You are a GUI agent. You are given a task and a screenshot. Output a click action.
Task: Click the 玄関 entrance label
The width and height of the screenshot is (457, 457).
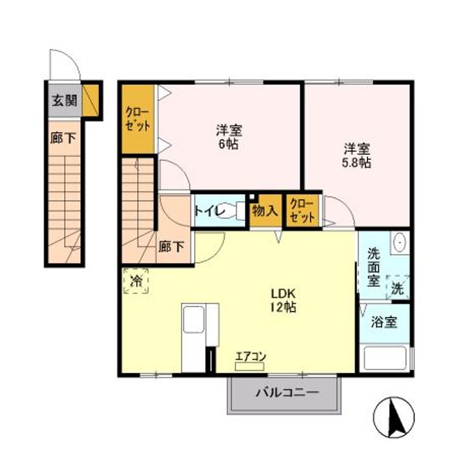[64, 100]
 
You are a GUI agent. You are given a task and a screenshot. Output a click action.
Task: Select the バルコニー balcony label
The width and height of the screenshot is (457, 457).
[287, 393]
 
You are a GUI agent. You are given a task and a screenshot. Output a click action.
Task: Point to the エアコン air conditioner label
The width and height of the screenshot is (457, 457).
[251, 357]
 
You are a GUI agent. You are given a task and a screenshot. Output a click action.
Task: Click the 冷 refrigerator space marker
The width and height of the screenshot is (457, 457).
[136, 281]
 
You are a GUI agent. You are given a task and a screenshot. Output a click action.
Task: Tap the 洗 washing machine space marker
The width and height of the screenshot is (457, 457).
[397, 288]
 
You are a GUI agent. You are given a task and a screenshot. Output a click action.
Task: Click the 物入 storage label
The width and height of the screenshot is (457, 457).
[265, 211]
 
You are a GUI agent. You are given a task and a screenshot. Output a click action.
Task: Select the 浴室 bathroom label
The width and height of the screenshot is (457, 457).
[384, 322]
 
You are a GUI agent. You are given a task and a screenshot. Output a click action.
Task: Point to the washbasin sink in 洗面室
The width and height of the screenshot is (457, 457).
[399, 242]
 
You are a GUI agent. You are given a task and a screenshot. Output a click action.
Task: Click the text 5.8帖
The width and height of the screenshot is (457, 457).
[356, 162]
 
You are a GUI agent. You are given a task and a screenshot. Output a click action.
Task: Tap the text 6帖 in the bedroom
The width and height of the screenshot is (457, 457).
[228, 144]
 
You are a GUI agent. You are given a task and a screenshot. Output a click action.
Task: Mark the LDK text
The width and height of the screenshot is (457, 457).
[283, 293]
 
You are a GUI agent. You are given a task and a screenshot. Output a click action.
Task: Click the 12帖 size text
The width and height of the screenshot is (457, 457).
[283, 307]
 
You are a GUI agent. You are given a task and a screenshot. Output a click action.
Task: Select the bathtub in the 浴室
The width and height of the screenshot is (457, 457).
[385, 359]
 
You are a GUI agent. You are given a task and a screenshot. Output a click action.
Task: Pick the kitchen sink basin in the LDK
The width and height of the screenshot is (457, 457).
[193, 319]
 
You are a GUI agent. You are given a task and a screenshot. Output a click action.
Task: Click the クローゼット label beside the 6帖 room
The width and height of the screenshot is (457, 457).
[138, 119]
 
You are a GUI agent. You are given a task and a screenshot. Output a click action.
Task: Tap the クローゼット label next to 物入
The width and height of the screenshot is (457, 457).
[302, 211]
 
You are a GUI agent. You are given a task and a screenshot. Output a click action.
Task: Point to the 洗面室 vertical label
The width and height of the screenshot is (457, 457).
[373, 267]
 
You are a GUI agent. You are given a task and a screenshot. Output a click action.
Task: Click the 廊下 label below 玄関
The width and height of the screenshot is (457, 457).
[63, 138]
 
